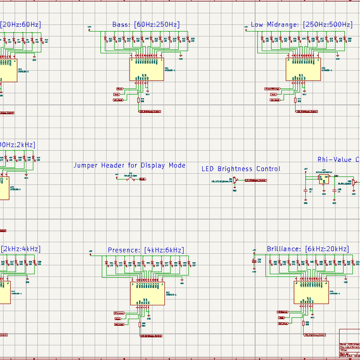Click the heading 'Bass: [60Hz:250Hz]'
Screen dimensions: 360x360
coord(146,25)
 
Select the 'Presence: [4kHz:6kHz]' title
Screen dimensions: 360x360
coord(146,250)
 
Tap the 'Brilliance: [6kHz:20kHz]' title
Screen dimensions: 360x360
coord(307,248)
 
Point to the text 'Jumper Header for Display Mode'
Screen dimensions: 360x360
coord(130,165)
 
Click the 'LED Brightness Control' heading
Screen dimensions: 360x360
coord(240,169)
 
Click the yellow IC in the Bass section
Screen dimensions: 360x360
coord(147,70)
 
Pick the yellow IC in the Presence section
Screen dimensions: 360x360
coord(148,294)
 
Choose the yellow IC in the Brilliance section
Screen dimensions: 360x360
coord(311,293)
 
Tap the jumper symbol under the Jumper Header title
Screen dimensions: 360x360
coord(130,179)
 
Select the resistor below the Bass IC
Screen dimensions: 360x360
coord(139,101)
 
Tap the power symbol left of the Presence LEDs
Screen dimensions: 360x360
coord(90,251)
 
